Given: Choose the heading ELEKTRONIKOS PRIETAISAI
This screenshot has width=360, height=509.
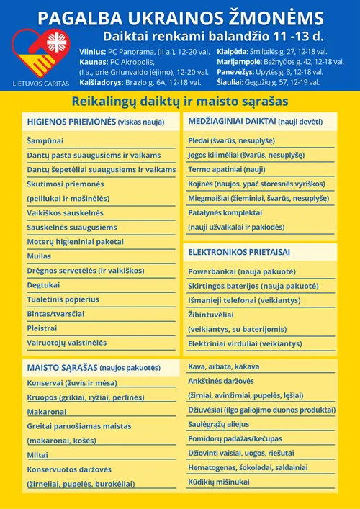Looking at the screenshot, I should click(239, 253).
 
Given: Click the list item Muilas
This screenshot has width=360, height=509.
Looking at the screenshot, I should click(39, 256).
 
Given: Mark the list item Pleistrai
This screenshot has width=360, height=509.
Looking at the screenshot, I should click(42, 328).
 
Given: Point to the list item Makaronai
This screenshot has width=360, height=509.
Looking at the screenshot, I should click(47, 412).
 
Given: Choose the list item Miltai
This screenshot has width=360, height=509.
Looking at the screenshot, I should click(37, 455).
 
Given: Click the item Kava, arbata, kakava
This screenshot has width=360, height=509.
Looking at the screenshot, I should click(223, 366).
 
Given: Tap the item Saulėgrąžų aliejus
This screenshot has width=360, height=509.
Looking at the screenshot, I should click(218, 424).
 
